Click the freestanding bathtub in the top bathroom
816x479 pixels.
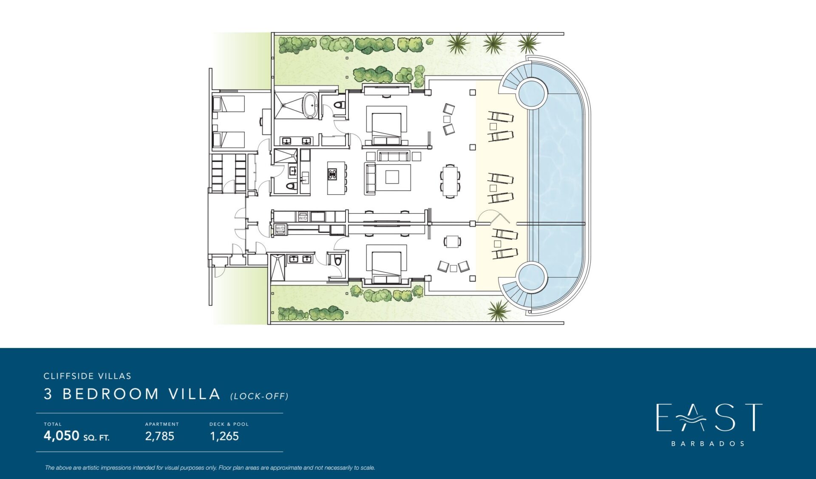pyautogui.click(x=310, y=105)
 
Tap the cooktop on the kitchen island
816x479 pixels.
pyautogui.click(x=332, y=174)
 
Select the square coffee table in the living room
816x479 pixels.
pyautogui.click(x=392, y=177)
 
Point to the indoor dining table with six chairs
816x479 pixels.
pyautogui.click(x=450, y=181)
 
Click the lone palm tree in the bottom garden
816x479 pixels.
pyautogui.click(x=498, y=310)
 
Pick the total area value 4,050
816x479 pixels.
pyautogui.click(x=62, y=436)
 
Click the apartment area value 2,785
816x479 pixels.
pyautogui.click(x=160, y=436)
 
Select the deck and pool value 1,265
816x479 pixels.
pyautogui.click(x=224, y=436)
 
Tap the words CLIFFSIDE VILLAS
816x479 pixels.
pyautogui.click(x=88, y=376)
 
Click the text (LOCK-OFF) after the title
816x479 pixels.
pyautogui.click(x=260, y=396)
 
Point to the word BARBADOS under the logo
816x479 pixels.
pyautogui.click(x=708, y=444)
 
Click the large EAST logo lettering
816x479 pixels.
pyautogui.click(x=709, y=417)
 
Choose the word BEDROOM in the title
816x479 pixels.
pyautogui.click(x=110, y=394)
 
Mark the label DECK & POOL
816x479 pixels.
pyautogui.click(x=229, y=424)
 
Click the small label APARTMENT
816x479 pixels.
pyautogui.click(x=162, y=424)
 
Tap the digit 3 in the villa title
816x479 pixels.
pyautogui.click(x=48, y=394)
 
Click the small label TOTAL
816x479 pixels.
pyautogui.click(x=53, y=424)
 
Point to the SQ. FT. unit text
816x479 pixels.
pyautogui.click(x=96, y=438)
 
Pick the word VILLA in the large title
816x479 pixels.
pyautogui.click(x=195, y=394)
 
